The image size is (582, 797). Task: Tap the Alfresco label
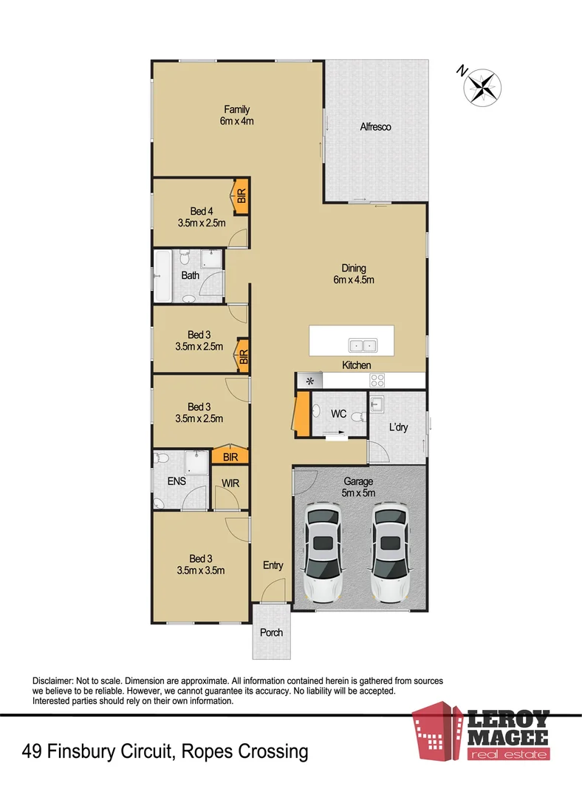375,127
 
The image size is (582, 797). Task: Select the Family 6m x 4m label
236,116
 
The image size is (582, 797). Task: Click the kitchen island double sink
362,345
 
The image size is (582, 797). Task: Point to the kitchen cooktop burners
377,381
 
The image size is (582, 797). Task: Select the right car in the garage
389,551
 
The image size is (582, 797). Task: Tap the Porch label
271,632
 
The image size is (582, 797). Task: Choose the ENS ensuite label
177,481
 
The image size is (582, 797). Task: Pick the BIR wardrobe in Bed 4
241,196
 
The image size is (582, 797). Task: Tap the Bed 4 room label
200,216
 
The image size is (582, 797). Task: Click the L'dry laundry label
400,427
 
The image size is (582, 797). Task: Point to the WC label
338,414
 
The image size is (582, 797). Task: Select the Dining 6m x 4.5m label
354,274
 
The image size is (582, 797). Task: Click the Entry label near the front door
273,565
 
